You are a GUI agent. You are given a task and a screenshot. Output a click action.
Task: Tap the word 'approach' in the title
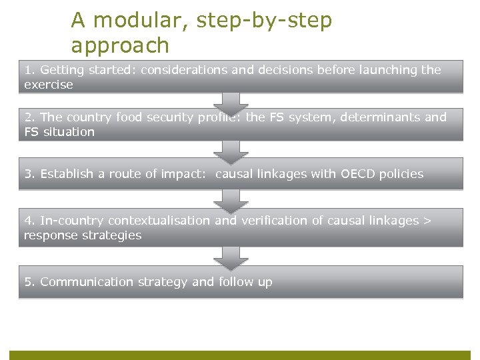(120, 46)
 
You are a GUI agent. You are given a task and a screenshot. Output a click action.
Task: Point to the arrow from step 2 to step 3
(231, 151)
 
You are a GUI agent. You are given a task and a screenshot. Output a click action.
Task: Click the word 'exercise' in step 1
(49, 85)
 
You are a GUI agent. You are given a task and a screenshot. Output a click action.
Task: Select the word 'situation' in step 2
(69, 132)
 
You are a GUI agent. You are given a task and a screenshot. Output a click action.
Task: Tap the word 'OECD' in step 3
(359, 174)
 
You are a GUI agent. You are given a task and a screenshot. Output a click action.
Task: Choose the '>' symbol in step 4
(427, 221)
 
